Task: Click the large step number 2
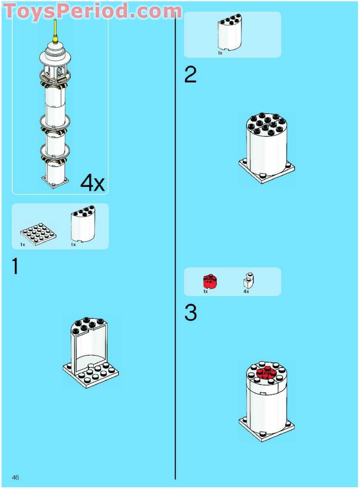[190, 75]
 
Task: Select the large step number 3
[190, 313]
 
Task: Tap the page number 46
[15, 477]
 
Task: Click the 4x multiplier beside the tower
[93, 183]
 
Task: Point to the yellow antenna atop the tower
[55, 31]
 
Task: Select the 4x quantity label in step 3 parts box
[246, 292]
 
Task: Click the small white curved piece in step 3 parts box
[248, 281]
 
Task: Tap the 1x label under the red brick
[205, 292]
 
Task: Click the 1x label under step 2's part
[220, 53]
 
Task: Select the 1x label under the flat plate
[22, 245]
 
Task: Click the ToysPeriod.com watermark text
[93, 10]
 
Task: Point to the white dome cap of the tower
[55, 54]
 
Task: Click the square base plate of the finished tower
[55, 182]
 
